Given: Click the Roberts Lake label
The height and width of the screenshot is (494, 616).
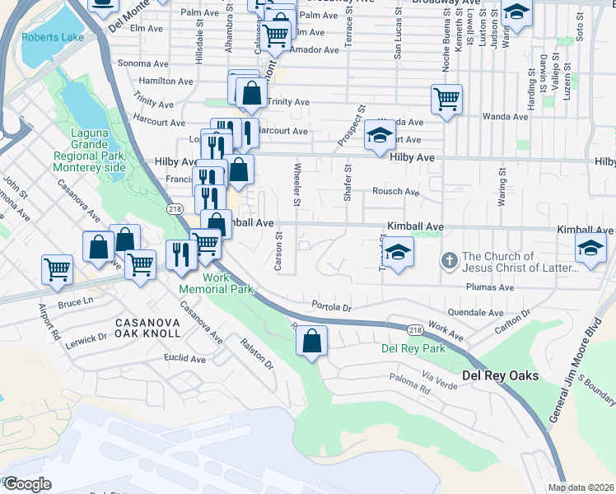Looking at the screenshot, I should [46, 37].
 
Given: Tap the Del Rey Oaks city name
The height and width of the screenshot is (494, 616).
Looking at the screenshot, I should [500, 375].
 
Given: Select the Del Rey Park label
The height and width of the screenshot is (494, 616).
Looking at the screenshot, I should [413, 348].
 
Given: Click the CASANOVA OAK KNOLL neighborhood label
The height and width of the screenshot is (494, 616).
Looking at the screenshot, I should [147, 327].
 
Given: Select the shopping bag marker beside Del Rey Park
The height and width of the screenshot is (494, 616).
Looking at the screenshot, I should [311, 342].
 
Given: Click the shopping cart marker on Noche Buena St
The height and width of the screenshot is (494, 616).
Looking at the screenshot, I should [446, 99].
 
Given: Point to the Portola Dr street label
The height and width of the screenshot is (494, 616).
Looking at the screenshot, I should [332, 306].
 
